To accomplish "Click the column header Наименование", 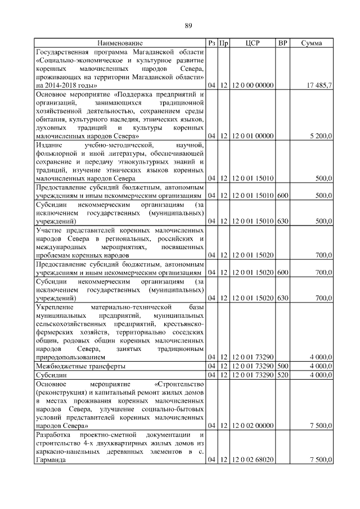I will [x=120, y=43].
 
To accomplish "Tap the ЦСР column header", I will [x=253, y=43].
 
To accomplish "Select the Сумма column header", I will [x=312, y=43].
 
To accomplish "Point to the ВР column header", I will [x=283, y=43].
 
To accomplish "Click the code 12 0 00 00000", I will [x=253, y=85].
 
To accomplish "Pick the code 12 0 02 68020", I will [x=253, y=460].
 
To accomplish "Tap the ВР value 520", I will [x=283, y=374].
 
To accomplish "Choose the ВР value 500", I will [x=283, y=366].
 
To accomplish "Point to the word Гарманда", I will [x=50, y=460].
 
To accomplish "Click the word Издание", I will [x=49, y=146].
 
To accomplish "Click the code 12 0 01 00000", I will [x=253, y=136].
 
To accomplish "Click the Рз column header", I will [x=211, y=43].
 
